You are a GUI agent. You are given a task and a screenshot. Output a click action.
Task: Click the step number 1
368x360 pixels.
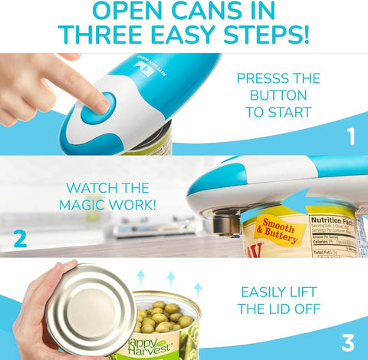[350, 137]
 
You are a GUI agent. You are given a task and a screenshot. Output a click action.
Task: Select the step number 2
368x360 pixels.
[20, 238]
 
